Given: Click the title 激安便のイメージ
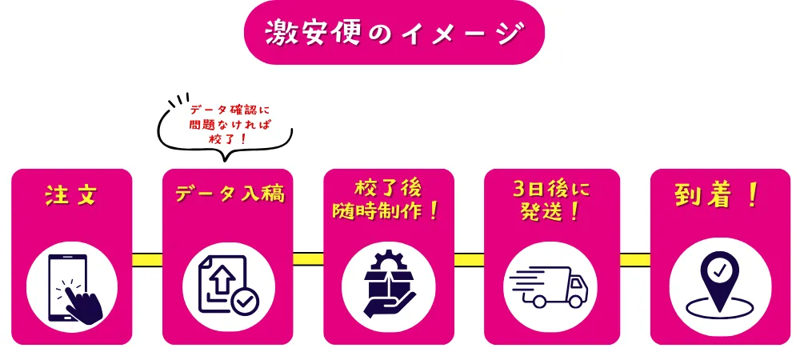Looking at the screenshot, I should click(394, 33).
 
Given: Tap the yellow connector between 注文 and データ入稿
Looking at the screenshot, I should click(147, 259).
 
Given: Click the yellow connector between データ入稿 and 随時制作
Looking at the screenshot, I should click(308, 259).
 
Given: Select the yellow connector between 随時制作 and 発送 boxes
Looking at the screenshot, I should click(469, 259).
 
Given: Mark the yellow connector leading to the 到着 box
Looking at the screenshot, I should click(635, 259).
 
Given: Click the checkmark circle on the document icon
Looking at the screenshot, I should click(245, 302).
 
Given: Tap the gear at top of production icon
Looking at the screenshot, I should click(389, 261).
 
